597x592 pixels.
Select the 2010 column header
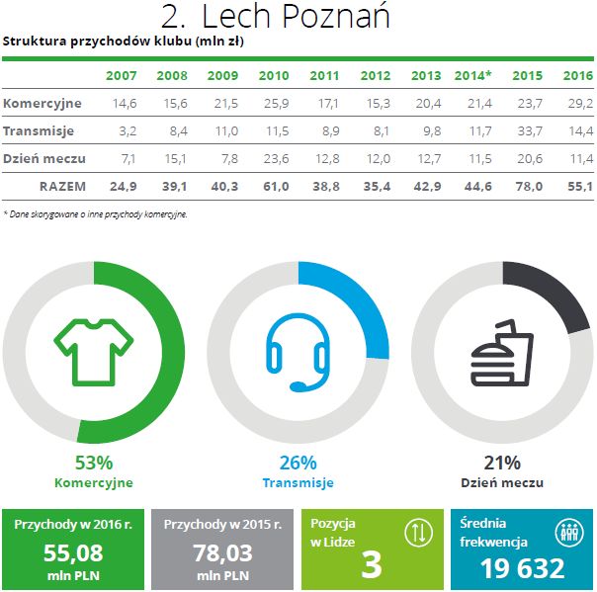273,76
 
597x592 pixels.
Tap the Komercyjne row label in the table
43,103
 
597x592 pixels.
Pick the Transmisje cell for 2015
527,130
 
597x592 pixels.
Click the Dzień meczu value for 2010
274,158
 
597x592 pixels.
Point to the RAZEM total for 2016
578,186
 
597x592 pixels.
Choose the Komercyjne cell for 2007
123,103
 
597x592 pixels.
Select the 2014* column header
473,76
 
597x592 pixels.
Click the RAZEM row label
62,186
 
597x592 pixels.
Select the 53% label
94,463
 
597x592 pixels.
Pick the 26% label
298,463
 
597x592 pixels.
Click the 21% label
502,463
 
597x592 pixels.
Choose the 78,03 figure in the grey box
221,552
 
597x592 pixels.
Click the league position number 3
372,564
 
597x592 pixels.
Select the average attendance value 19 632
523,568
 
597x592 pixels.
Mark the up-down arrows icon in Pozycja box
419,532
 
